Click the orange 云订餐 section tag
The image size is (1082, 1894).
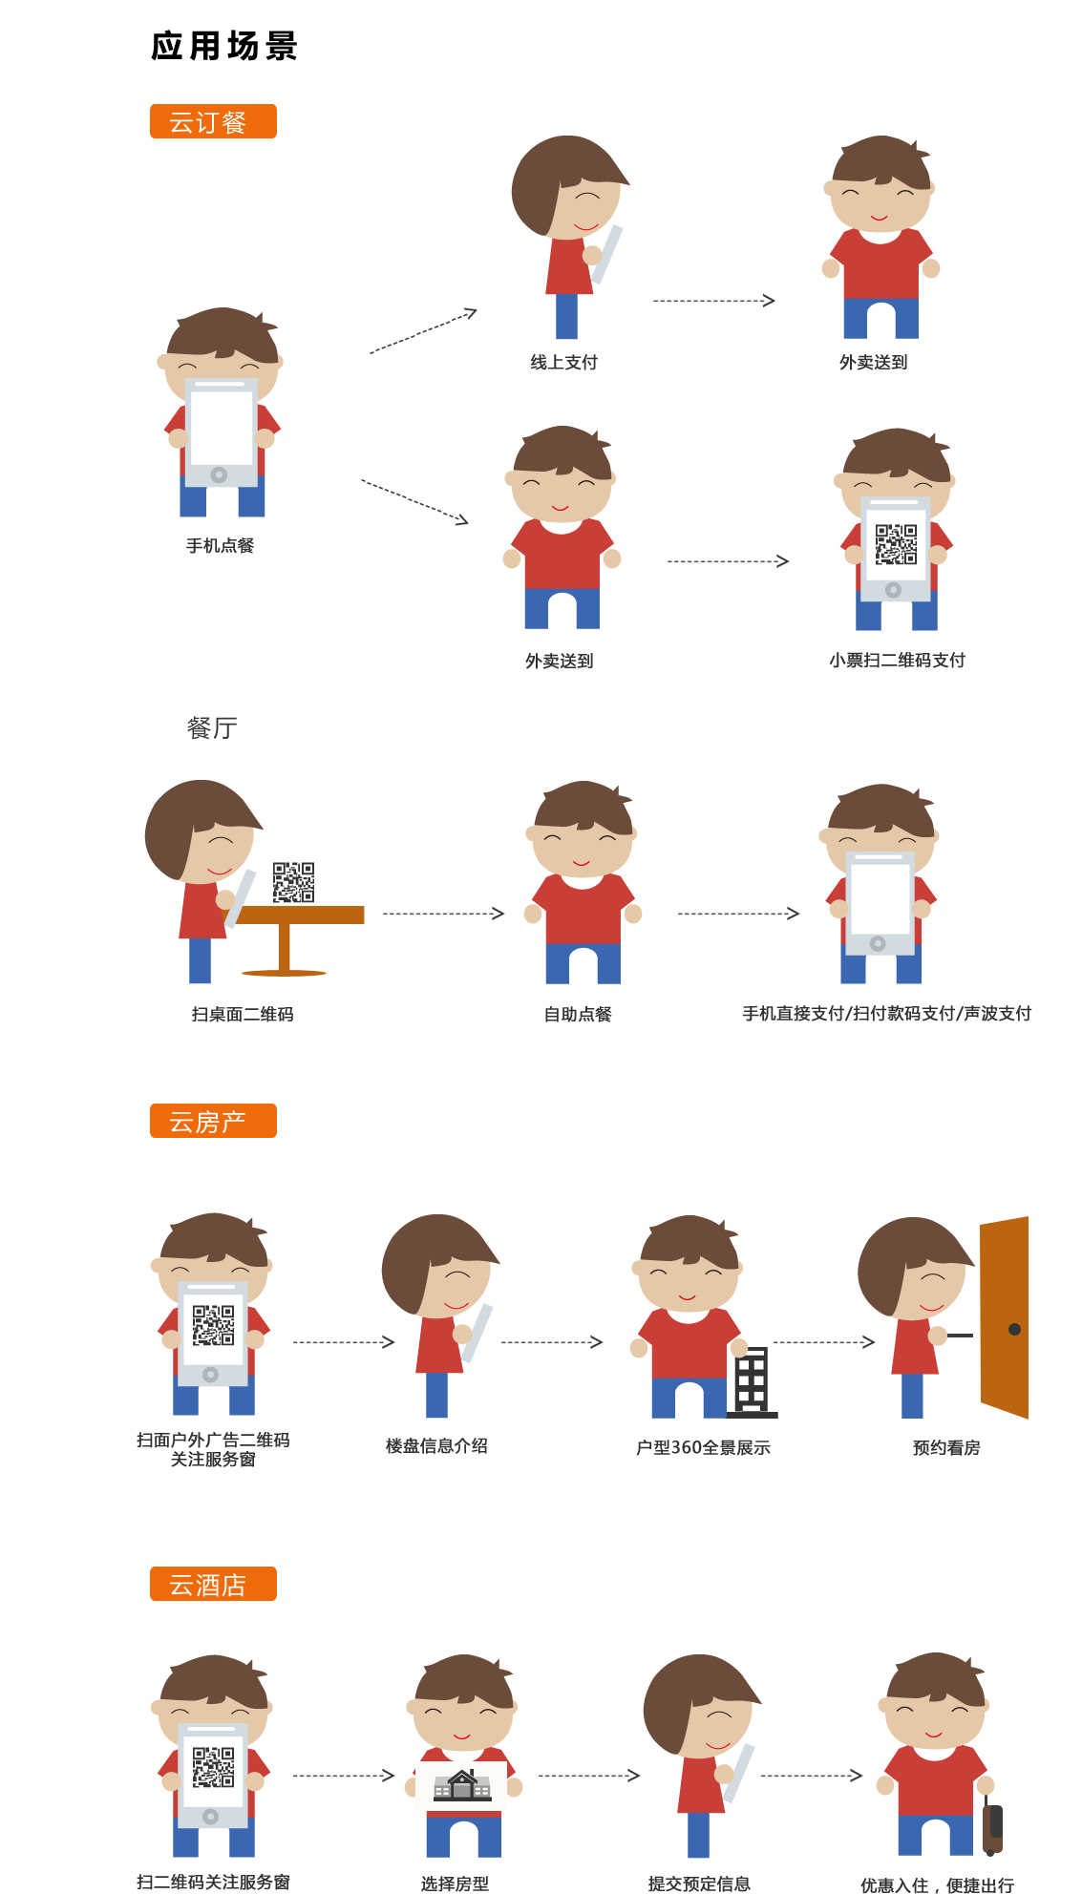(213, 121)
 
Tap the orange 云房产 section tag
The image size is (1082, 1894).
(213, 1121)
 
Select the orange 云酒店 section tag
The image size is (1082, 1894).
(213, 1584)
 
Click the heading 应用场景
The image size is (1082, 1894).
(224, 46)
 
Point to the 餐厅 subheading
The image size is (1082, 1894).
(212, 728)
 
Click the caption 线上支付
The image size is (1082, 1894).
(564, 363)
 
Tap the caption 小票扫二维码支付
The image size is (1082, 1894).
(897, 661)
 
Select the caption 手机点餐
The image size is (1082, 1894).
(221, 546)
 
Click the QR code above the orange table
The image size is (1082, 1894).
(293, 882)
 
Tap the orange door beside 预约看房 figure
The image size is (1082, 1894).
(1005, 1317)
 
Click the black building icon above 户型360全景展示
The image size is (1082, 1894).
(753, 1382)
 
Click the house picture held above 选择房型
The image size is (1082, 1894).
(462, 1784)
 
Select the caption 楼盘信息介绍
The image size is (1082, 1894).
(436, 1446)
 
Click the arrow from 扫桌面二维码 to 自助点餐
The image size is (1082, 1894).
(443, 914)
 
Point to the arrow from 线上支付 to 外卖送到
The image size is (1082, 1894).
(714, 301)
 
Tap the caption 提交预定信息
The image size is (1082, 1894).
(699, 1883)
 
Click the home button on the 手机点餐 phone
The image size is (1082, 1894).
(219, 474)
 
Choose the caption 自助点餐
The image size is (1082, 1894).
(578, 1015)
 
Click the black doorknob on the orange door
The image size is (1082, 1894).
(1014, 1329)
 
